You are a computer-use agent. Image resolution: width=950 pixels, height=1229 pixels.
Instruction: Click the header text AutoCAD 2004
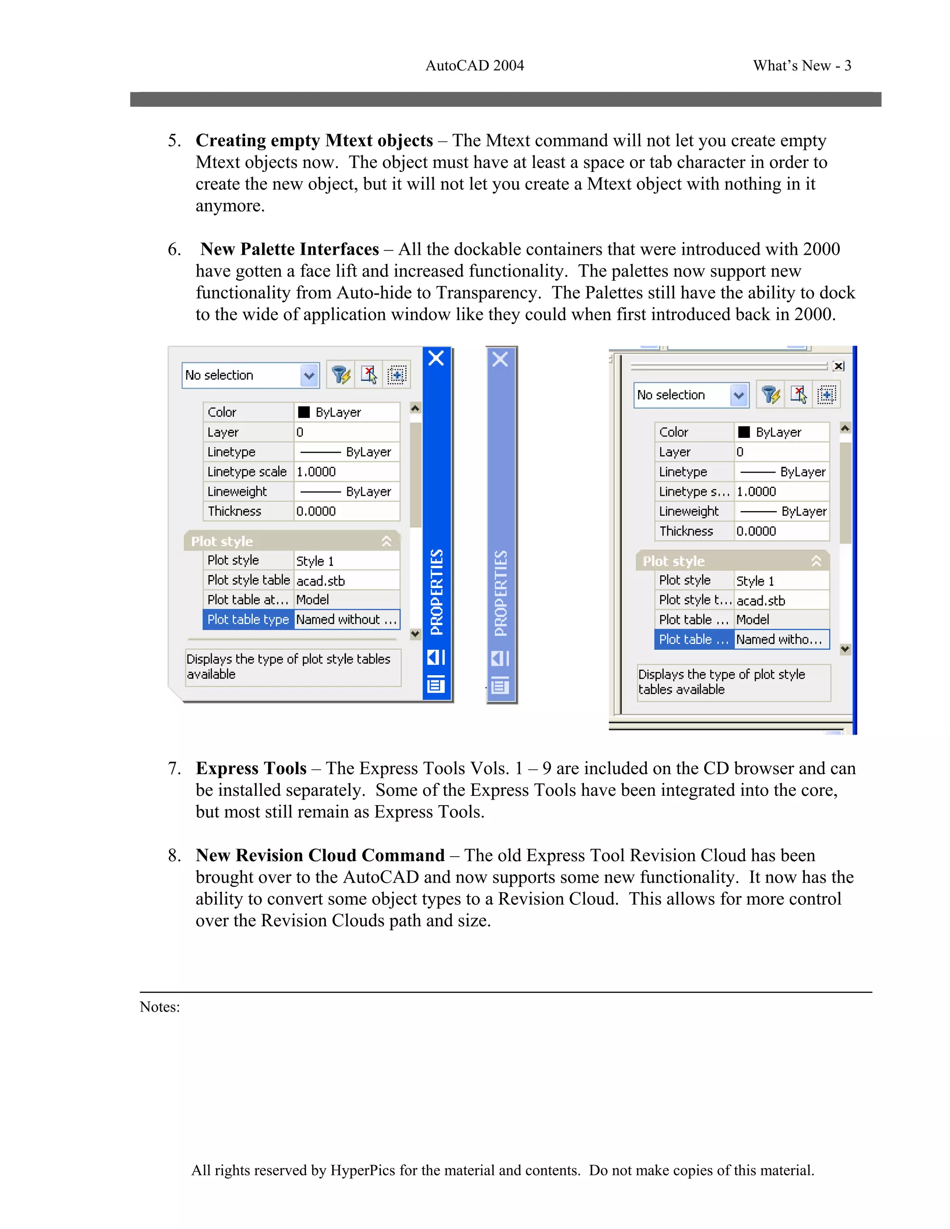click(x=475, y=66)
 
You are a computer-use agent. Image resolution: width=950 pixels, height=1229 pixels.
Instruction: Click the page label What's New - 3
click(x=802, y=66)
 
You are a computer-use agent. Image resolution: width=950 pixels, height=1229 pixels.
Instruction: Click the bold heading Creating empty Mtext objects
click(x=314, y=140)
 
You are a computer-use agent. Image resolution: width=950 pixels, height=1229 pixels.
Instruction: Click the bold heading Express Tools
click(x=251, y=768)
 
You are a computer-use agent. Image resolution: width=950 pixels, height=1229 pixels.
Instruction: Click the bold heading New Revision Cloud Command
click(x=320, y=855)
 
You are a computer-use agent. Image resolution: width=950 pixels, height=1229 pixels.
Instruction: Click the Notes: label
click(x=160, y=1007)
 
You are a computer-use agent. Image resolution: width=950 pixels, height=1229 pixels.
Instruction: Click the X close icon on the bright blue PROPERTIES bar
click(x=436, y=358)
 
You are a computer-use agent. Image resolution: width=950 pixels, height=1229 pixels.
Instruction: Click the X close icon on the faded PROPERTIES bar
click(x=501, y=359)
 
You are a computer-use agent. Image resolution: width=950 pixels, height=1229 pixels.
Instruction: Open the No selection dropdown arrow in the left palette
click(x=309, y=375)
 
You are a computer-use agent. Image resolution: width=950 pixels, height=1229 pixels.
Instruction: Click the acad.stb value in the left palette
click(x=321, y=581)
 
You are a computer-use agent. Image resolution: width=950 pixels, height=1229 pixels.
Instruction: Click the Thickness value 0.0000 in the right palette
click(x=757, y=531)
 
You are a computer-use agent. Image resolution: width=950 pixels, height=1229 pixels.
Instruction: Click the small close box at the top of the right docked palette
click(x=838, y=366)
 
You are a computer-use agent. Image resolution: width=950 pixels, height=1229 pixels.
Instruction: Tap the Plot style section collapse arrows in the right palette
click(x=816, y=561)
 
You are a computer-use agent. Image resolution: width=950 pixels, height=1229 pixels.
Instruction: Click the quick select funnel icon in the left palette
click(x=340, y=375)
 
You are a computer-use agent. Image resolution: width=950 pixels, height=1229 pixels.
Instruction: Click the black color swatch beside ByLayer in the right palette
click(x=744, y=432)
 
